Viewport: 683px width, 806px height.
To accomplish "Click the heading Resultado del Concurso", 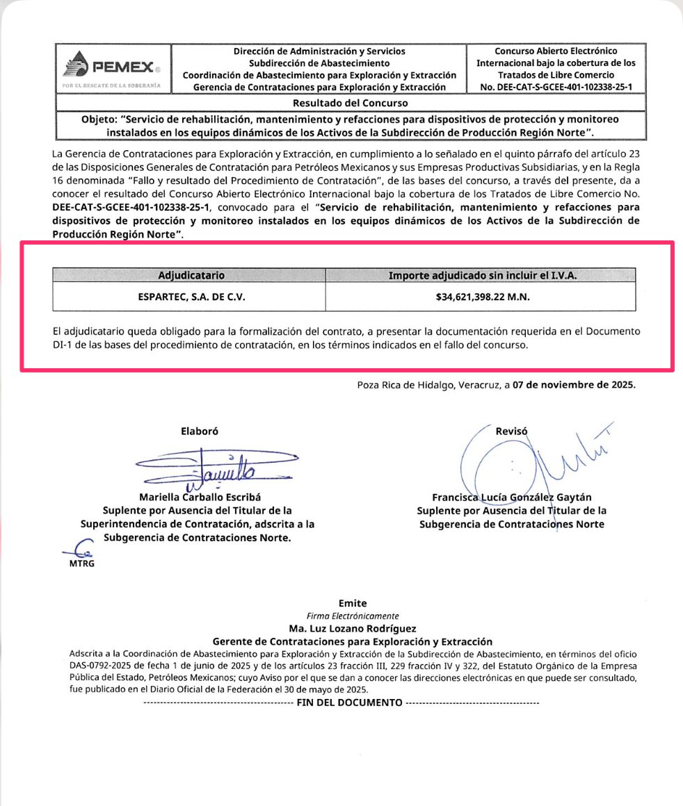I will coord(351,103).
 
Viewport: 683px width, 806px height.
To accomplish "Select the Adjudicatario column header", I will coord(191,276).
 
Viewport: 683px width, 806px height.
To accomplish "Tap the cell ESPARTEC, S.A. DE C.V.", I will coord(191,297).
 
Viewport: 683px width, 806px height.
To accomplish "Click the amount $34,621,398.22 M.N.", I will coord(481,297).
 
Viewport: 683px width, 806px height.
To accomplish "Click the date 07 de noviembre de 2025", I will coord(574,384).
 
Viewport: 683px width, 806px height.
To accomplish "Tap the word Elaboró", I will coord(200,431).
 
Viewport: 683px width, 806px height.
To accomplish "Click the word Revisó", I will coord(511,431).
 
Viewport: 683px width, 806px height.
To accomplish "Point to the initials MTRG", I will coord(83,564).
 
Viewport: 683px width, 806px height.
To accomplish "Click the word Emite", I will coord(352,603).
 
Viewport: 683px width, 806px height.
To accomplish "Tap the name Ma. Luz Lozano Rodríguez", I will coord(353,628).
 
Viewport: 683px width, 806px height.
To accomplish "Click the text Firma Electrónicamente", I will coord(353,616).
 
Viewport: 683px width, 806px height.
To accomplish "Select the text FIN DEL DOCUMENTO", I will coord(349,703).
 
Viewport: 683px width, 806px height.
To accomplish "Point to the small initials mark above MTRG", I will coord(83,548).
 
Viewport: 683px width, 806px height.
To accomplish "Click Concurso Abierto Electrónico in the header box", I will coord(556,51).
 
